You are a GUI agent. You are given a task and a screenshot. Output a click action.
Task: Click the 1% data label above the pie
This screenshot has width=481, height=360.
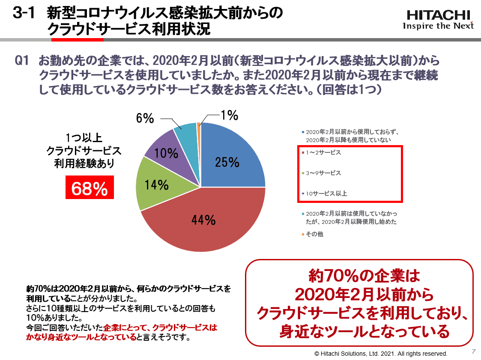click(x=229, y=116)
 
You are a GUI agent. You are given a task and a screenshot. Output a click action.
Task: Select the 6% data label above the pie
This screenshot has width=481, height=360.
click(x=145, y=118)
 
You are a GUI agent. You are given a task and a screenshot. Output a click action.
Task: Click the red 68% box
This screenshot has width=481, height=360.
click(x=90, y=187)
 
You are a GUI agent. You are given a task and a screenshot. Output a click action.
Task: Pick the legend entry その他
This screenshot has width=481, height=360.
click(x=314, y=234)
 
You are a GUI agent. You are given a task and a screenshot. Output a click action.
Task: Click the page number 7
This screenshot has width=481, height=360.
click(x=473, y=351)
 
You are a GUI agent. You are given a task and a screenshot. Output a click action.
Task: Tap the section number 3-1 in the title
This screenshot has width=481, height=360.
click(x=24, y=13)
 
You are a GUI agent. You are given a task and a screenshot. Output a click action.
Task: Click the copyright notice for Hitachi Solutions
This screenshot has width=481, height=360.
click(x=381, y=354)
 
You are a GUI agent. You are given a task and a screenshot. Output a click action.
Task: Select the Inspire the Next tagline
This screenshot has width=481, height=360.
click(x=438, y=26)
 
